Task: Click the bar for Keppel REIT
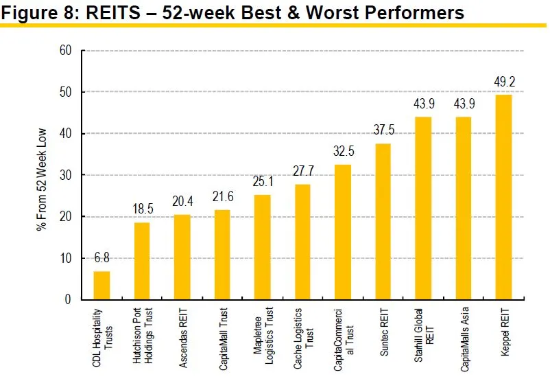503,197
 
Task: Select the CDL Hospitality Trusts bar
101,286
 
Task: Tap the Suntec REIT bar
383,222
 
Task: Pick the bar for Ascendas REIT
182,257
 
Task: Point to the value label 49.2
504,82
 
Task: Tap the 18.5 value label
141,209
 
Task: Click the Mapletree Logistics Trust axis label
262,333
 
